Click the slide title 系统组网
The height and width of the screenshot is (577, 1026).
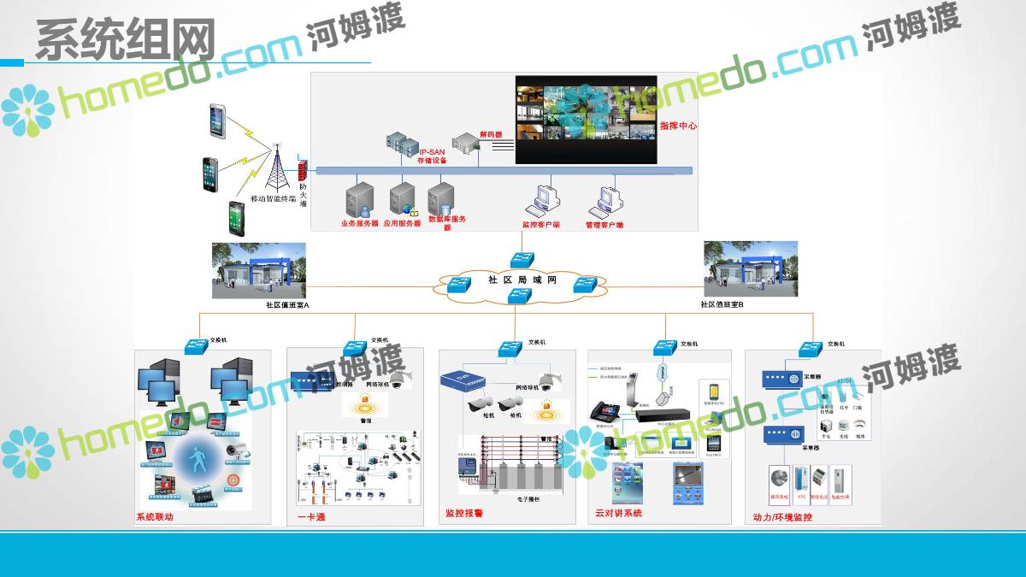125,39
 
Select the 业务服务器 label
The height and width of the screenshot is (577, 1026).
359,223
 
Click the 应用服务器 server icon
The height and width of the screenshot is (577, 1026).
402,199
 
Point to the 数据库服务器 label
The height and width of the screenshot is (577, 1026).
446,221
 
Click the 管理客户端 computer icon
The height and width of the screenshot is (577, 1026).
604,201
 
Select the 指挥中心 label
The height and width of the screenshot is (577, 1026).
678,126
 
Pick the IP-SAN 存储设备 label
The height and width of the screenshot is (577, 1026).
432,156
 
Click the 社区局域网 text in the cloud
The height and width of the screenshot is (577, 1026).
522,280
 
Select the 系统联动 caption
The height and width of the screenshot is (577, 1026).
155,517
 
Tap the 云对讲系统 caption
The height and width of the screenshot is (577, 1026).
618,514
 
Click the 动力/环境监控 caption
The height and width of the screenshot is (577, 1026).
782,517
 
